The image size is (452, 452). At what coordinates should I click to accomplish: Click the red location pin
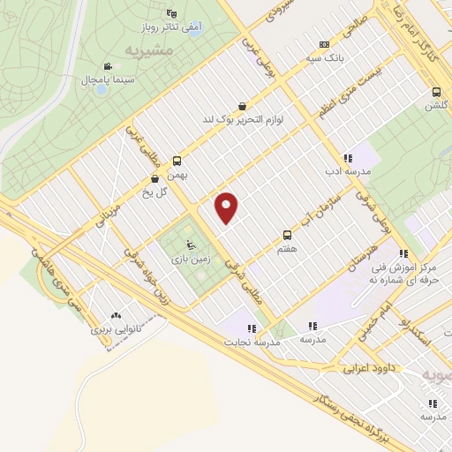[228, 207]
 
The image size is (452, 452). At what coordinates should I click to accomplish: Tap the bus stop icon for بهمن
[177, 161]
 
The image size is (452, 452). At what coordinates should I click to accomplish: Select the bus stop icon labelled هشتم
[287, 235]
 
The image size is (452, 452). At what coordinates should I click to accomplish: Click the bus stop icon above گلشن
[436, 92]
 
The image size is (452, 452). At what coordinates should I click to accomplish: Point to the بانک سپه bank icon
[325, 43]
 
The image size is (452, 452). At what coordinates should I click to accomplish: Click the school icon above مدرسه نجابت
[252, 328]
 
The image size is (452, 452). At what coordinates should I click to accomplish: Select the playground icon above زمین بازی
[188, 245]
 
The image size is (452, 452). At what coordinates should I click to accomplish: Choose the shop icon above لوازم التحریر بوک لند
[242, 106]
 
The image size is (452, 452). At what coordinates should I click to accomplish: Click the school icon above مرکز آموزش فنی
[403, 253]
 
